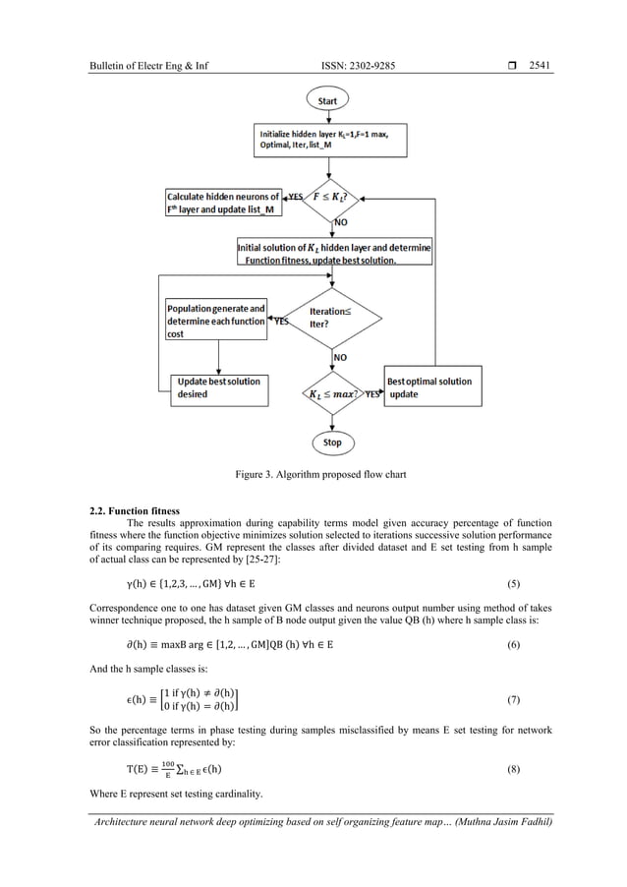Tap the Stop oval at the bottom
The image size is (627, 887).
[x=333, y=443]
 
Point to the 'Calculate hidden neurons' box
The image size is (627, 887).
[x=222, y=204]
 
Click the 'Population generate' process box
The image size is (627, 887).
[x=215, y=321]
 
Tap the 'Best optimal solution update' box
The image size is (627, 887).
[x=432, y=387]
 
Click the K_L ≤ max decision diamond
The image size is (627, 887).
[x=334, y=394]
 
